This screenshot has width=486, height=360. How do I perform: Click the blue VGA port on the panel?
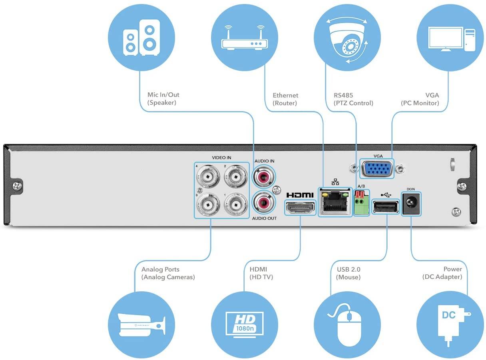tap(377, 168)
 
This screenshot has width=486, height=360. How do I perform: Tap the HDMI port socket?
tap(300, 208)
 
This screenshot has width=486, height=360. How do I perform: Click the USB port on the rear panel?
tap(386, 207)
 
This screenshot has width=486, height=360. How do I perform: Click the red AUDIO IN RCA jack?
tap(264, 176)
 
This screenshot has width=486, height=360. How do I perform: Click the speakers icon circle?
tap(141, 39)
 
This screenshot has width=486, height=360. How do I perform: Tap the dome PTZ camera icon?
tap(346, 39)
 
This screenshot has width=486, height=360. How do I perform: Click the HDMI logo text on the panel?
tap(300, 195)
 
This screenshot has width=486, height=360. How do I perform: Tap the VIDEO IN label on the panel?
tap(221, 158)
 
